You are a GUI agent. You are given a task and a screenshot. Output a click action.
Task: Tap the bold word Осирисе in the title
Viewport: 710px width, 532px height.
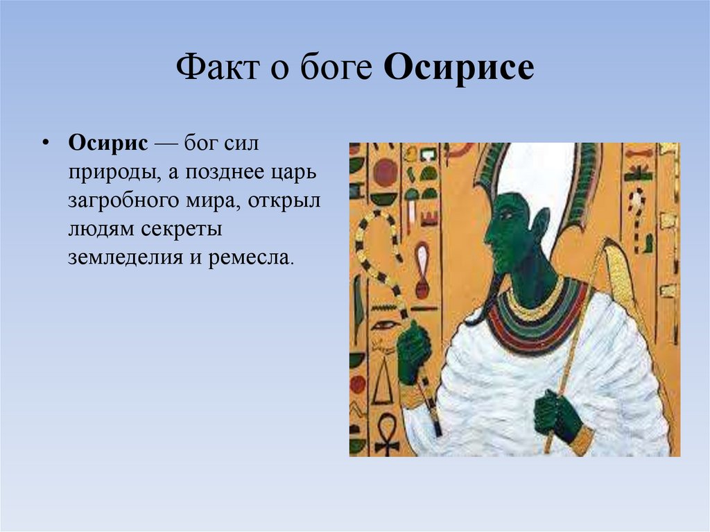pyautogui.click(x=458, y=69)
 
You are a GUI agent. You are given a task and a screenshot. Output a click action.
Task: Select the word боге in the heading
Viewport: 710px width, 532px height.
pyautogui.click(x=336, y=69)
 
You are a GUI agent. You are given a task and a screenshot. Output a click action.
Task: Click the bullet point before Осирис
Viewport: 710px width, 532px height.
pyautogui.click(x=46, y=143)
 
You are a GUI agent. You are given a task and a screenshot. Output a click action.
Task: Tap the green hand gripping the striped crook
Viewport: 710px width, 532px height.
pyautogui.click(x=413, y=350)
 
